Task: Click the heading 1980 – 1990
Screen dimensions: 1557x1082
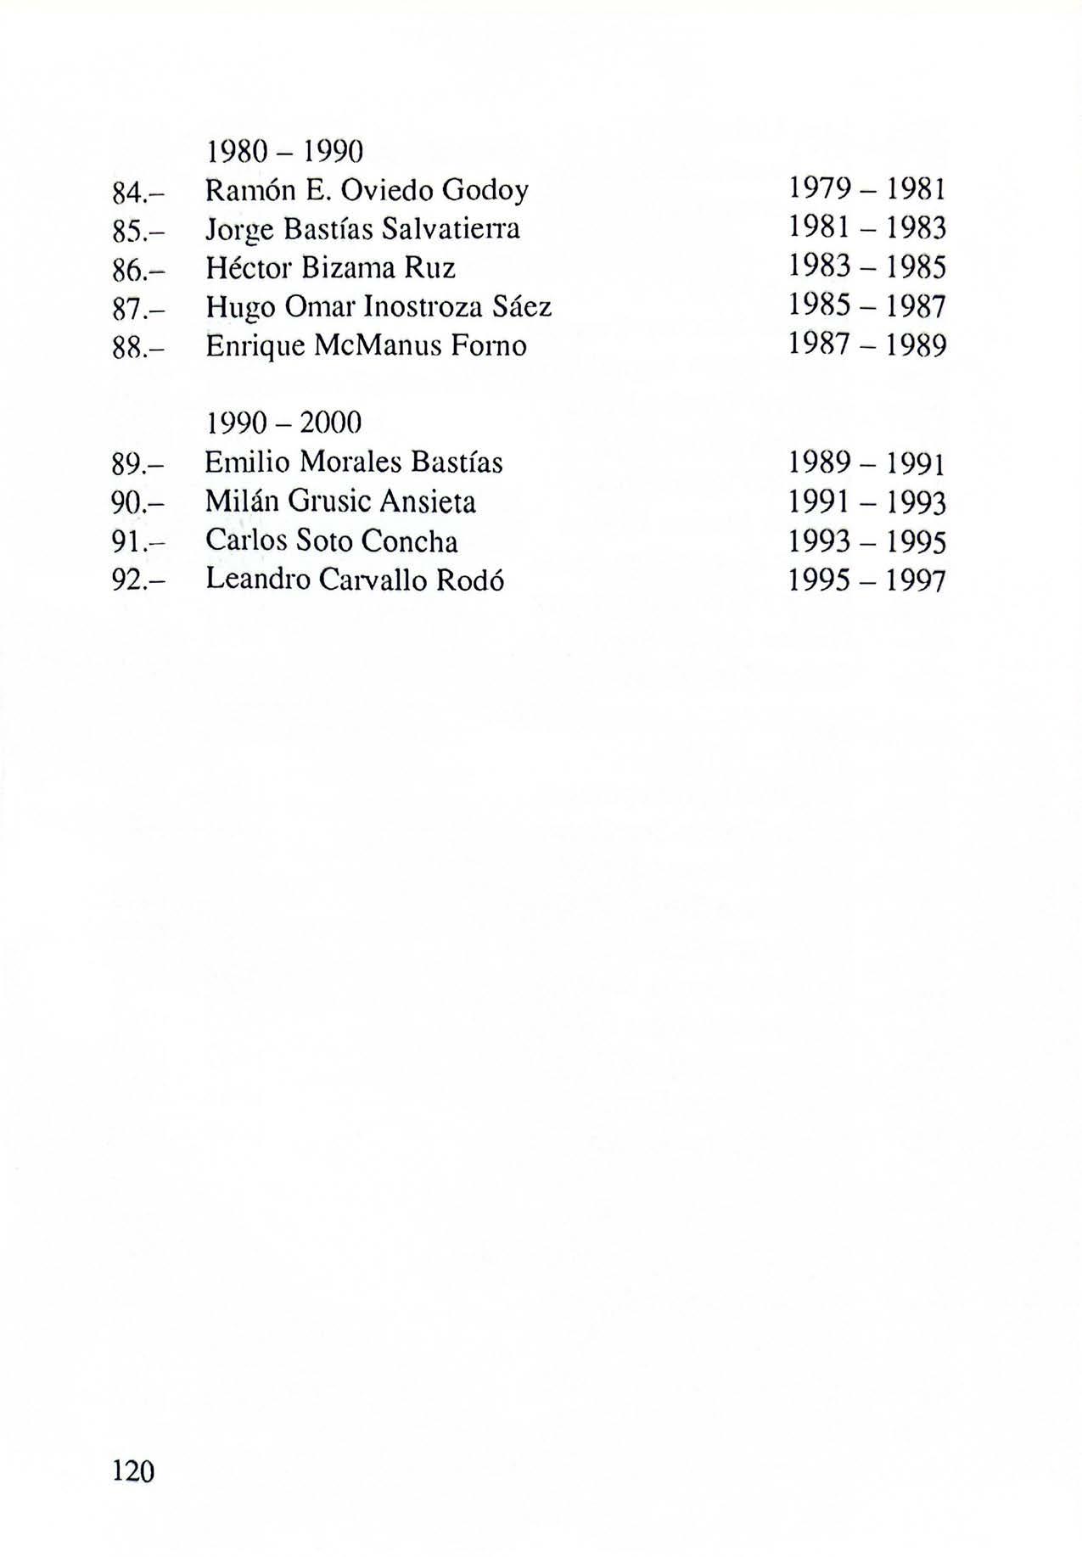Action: pos(284,152)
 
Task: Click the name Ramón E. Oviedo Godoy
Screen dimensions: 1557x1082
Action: pos(367,191)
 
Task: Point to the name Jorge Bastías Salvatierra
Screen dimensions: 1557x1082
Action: pos(362,229)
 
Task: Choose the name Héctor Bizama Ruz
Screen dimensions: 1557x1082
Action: pos(331,268)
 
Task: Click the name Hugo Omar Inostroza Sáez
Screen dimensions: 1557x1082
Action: pos(378,306)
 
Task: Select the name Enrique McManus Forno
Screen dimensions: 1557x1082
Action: pos(366,345)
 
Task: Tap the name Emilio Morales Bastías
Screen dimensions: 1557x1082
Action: pos(354,462)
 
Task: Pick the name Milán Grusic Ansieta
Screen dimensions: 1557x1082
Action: pos(340,501)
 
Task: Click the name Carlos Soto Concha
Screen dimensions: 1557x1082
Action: pos(332,540)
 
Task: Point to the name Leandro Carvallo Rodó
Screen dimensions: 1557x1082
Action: pos(356,580)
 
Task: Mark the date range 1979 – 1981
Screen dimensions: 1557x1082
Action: pos(866,189)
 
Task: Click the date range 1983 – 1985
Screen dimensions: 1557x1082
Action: pos(866,267)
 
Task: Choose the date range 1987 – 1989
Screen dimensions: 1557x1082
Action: pos(866,344)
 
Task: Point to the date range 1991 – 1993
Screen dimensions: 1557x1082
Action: pos(866,502)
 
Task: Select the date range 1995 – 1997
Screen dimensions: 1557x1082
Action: pos(866,580)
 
